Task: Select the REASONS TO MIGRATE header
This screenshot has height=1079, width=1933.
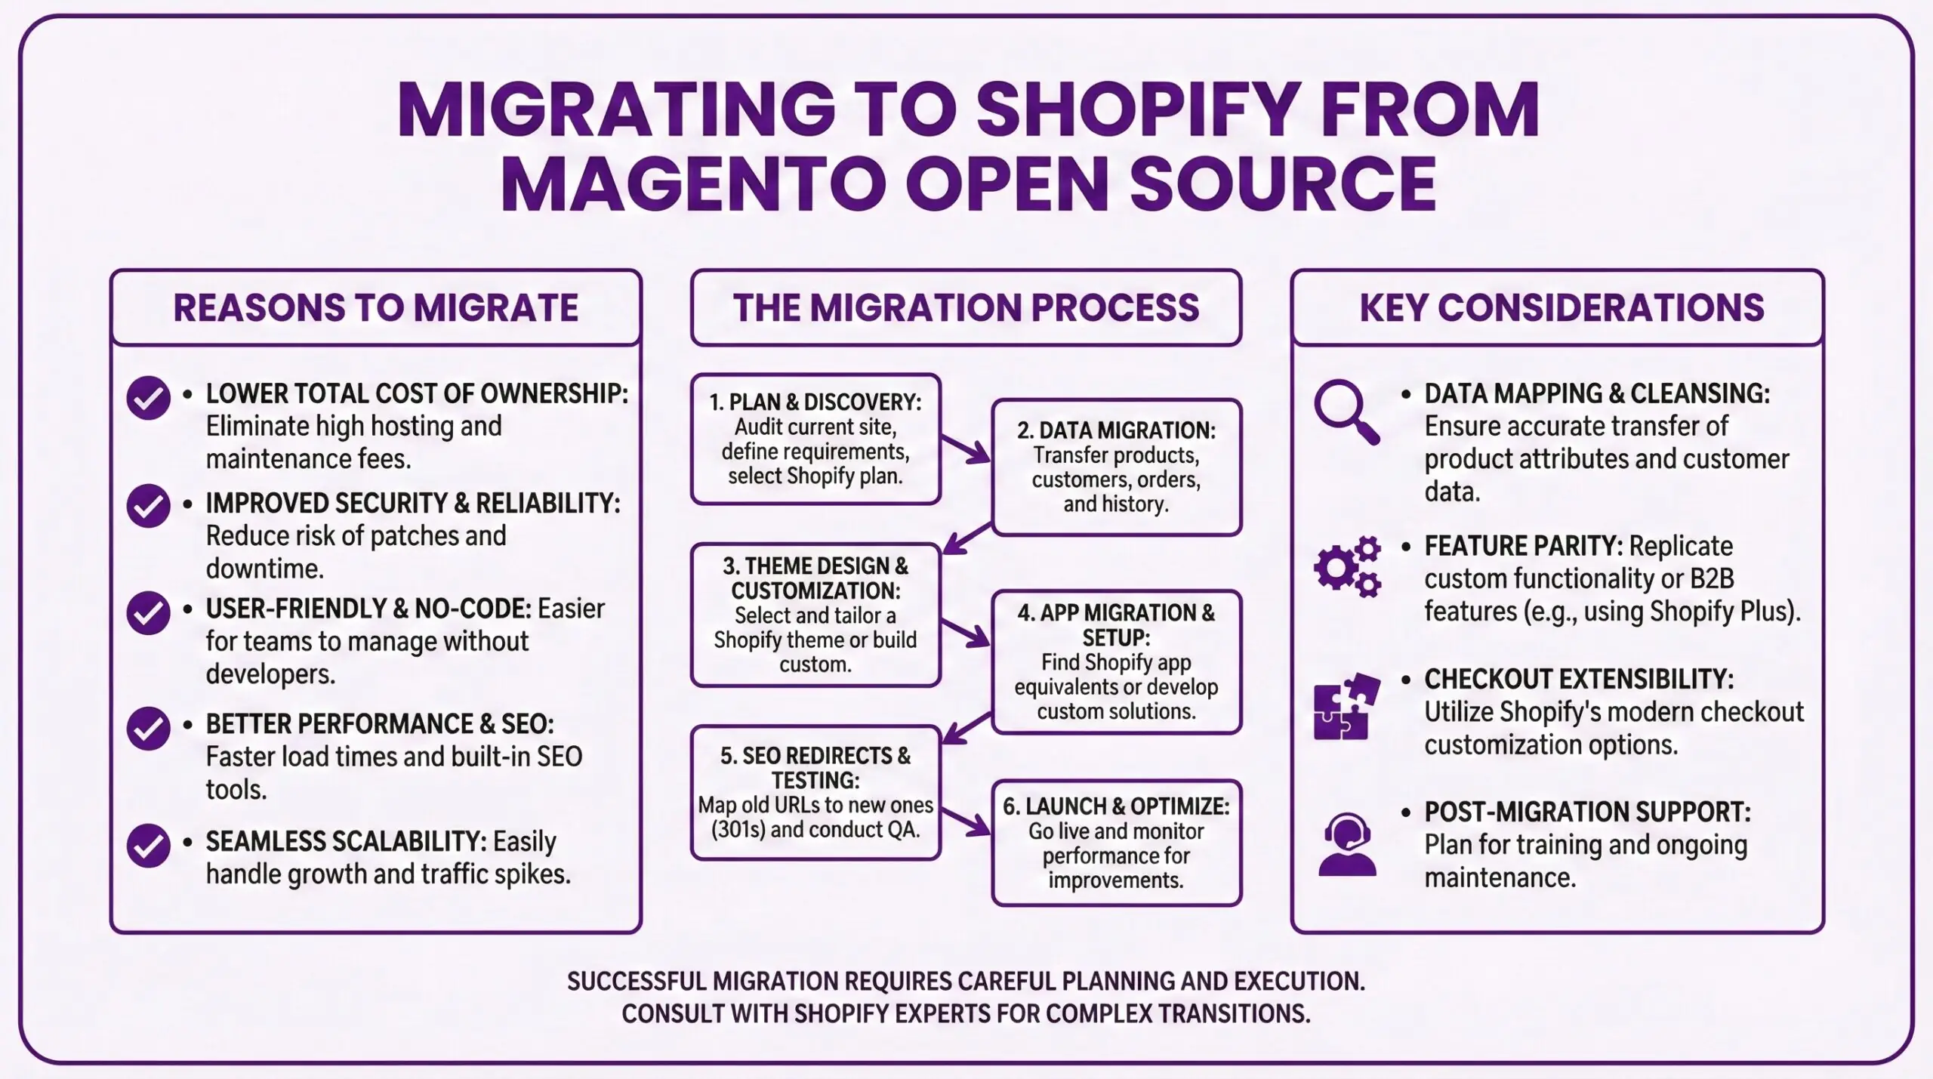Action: coord(375,308)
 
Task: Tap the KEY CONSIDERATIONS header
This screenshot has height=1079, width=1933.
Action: coord(1562,308)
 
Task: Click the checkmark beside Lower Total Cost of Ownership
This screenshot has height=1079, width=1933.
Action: coord(148,397)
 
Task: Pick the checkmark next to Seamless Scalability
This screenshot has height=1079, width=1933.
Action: coord(148,846)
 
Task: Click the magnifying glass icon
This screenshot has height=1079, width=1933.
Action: coord(1346,412)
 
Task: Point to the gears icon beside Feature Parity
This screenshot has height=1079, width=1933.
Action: coord(1346,566)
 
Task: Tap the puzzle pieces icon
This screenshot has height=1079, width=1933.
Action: coord(1346,706)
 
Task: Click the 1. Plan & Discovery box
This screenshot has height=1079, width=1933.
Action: coord(815,439)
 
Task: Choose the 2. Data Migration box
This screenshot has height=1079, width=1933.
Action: coord(1116,467)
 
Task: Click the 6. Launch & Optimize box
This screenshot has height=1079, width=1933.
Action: coord(1116,843)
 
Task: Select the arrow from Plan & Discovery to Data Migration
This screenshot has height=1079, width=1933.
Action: coord(966,449)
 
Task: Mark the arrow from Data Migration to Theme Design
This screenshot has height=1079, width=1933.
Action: coord(966,538)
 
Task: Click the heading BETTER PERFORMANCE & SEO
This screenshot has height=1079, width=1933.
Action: coord(379,724)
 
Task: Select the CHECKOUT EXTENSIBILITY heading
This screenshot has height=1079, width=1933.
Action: coord(1578,679)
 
